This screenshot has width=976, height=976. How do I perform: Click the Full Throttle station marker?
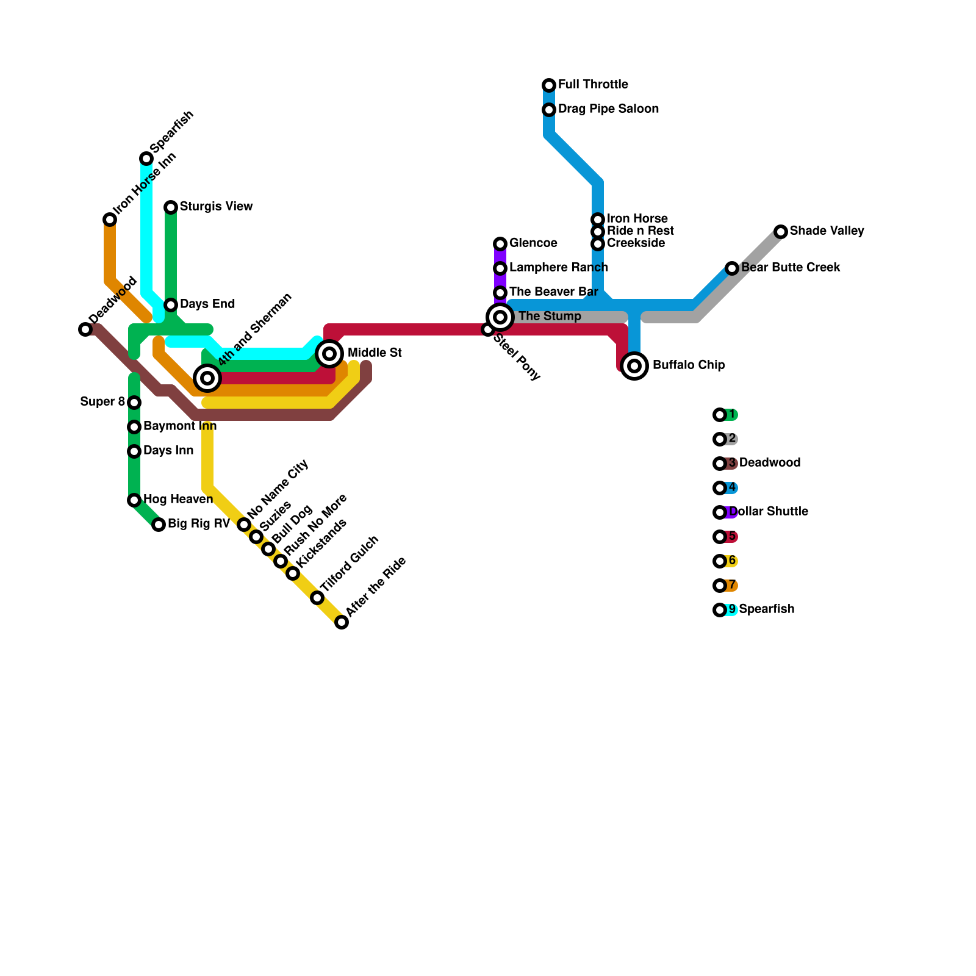point(549,85)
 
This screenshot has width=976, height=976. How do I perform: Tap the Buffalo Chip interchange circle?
point(634,366)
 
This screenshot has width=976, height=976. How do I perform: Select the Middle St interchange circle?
point(329,354)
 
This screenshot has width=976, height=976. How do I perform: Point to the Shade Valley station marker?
point(781,232)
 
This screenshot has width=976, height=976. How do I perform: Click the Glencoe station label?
point(533,243)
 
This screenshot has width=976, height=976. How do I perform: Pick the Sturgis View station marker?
point(171,207)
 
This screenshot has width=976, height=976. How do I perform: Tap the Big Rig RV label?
point(198,524)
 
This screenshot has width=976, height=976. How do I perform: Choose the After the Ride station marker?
point(342,622)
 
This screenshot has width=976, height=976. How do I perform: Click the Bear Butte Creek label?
point(791,268)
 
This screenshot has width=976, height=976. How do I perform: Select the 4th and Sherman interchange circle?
point(207,378)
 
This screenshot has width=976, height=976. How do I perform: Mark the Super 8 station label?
point(102,402)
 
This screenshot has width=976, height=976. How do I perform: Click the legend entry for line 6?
point(726,561)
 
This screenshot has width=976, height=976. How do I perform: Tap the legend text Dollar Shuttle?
point(769,512)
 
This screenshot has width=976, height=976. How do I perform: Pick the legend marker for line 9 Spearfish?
point(720,610)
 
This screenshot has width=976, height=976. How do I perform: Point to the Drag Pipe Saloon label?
point(608,109)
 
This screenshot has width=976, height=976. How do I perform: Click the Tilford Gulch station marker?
point(317,598)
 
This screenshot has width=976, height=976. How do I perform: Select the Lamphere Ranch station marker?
point(500,268)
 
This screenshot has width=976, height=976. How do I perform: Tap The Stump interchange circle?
point(500,317)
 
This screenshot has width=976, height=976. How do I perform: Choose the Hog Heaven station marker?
point(134,500)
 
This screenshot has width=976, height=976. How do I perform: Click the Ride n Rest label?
point(640,231)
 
